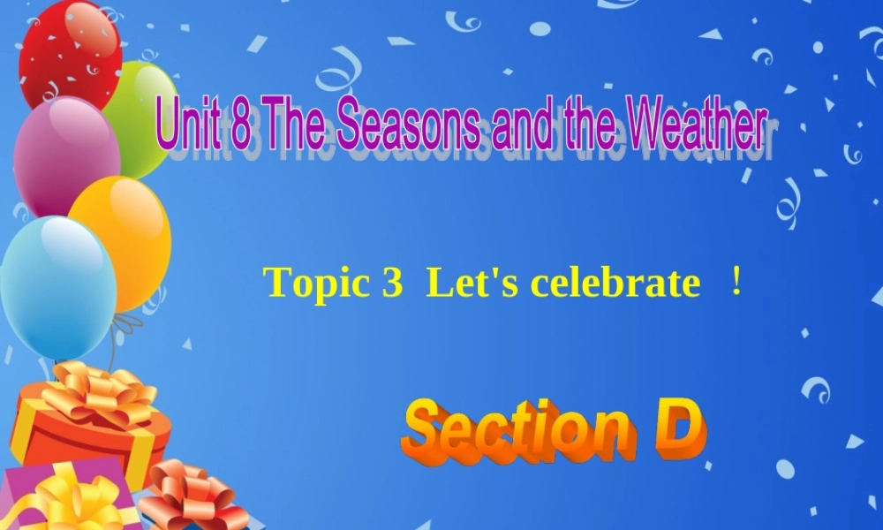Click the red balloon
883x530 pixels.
coord(70,53)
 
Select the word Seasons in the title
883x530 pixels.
coord(407,128)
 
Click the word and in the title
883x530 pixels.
coord(519,128)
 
